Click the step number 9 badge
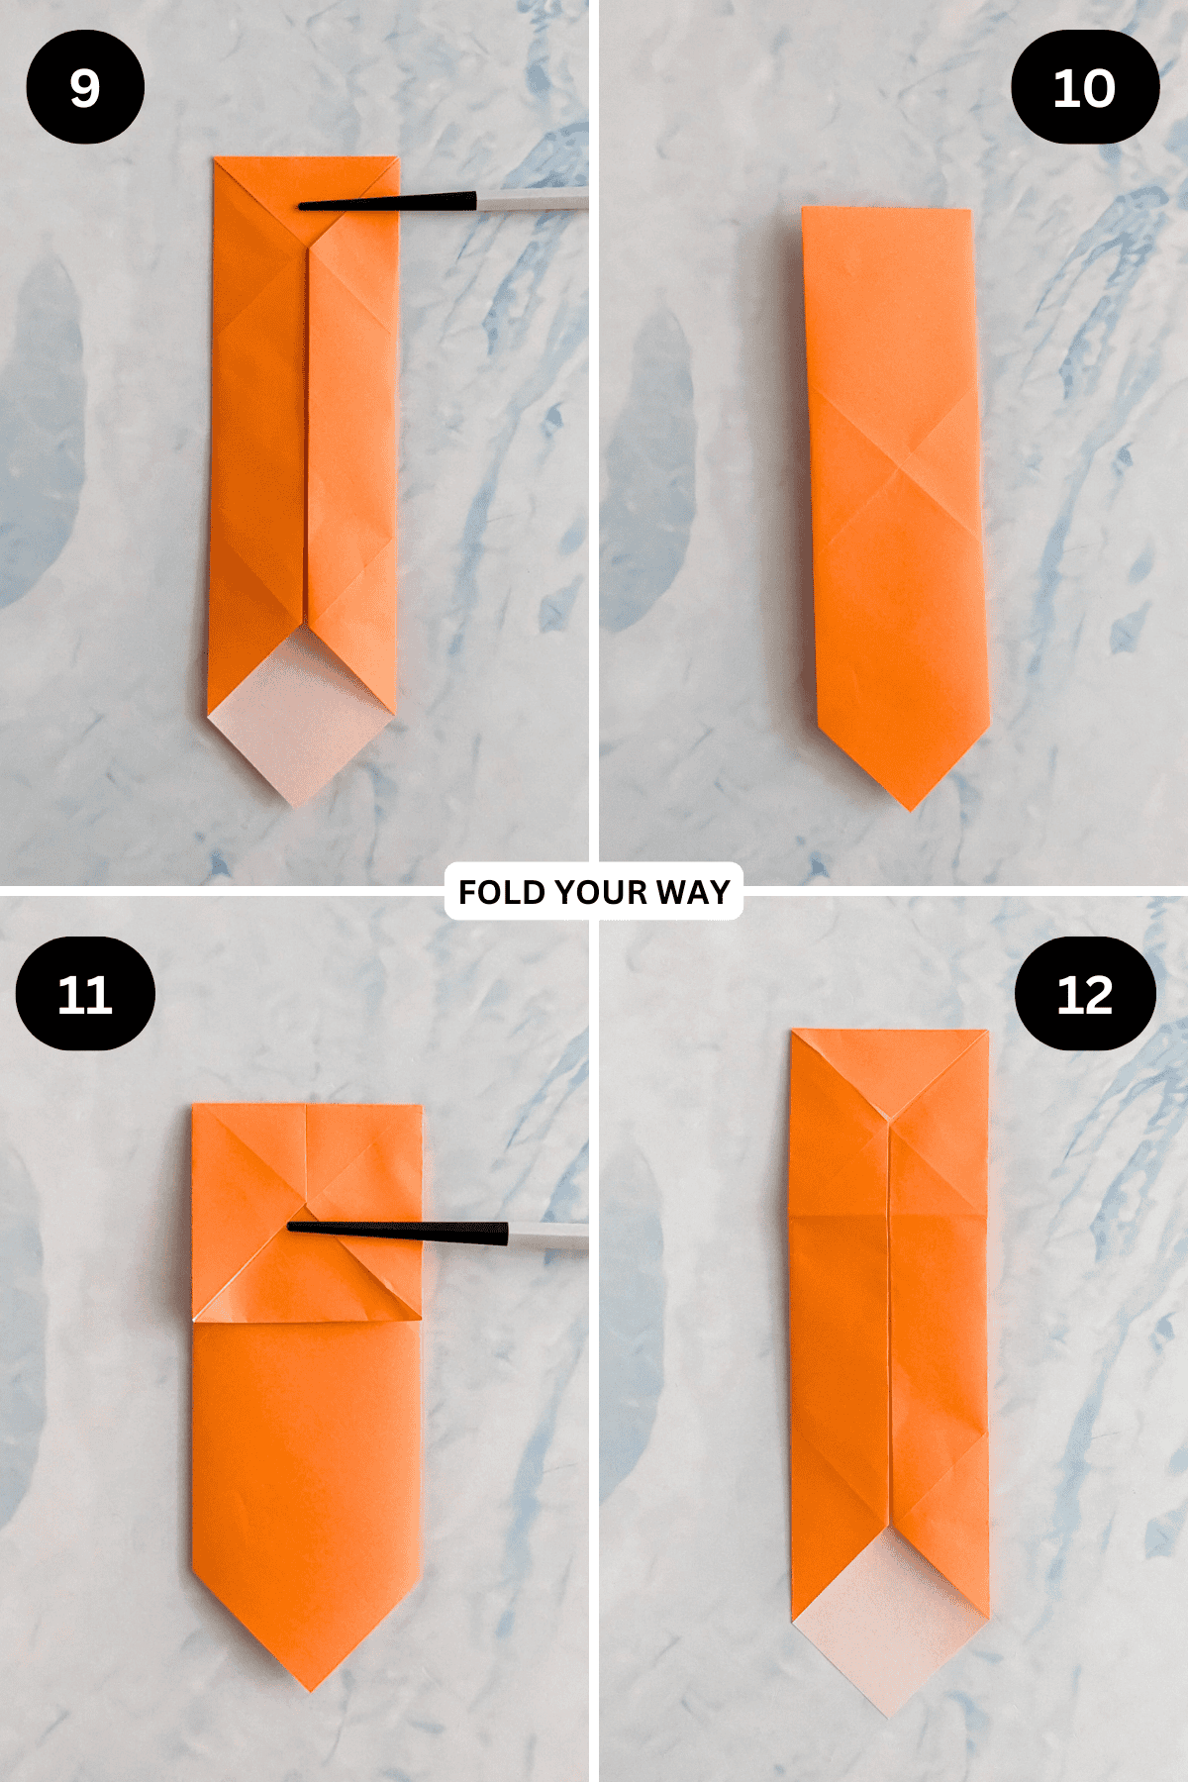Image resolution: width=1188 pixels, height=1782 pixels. coord(85,87)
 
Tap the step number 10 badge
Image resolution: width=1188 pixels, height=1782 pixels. coord(1085,87)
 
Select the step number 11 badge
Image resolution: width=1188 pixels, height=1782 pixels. coord(85,994)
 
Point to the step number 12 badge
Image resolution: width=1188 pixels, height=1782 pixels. coord(1085,994)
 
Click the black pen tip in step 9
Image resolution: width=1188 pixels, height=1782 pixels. coord(300,206)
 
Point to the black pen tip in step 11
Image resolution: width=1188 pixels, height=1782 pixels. coord(289,1228)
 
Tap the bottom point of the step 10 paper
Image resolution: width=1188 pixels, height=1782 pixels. coord(911,811)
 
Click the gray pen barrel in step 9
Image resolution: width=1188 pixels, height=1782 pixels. coord(533,200)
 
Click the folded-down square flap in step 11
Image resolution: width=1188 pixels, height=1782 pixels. coord(307,1213)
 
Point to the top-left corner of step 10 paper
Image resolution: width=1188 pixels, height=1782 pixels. coord(802,207)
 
